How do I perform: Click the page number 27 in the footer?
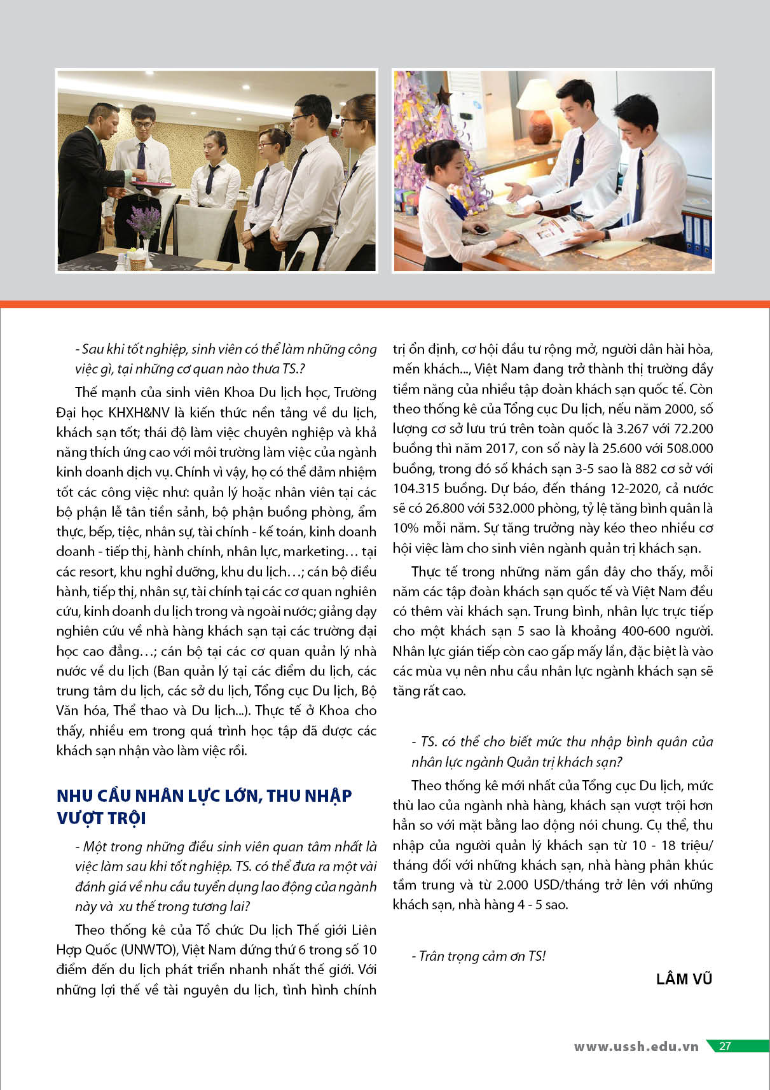click(x=725, y=1046)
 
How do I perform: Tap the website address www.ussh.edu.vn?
click(x=636, y=1047)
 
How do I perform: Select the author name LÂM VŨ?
click(x=684, y=979)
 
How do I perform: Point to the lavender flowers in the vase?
click(x=145, y=220)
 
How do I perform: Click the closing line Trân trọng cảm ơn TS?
click(x=478, y=956)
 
